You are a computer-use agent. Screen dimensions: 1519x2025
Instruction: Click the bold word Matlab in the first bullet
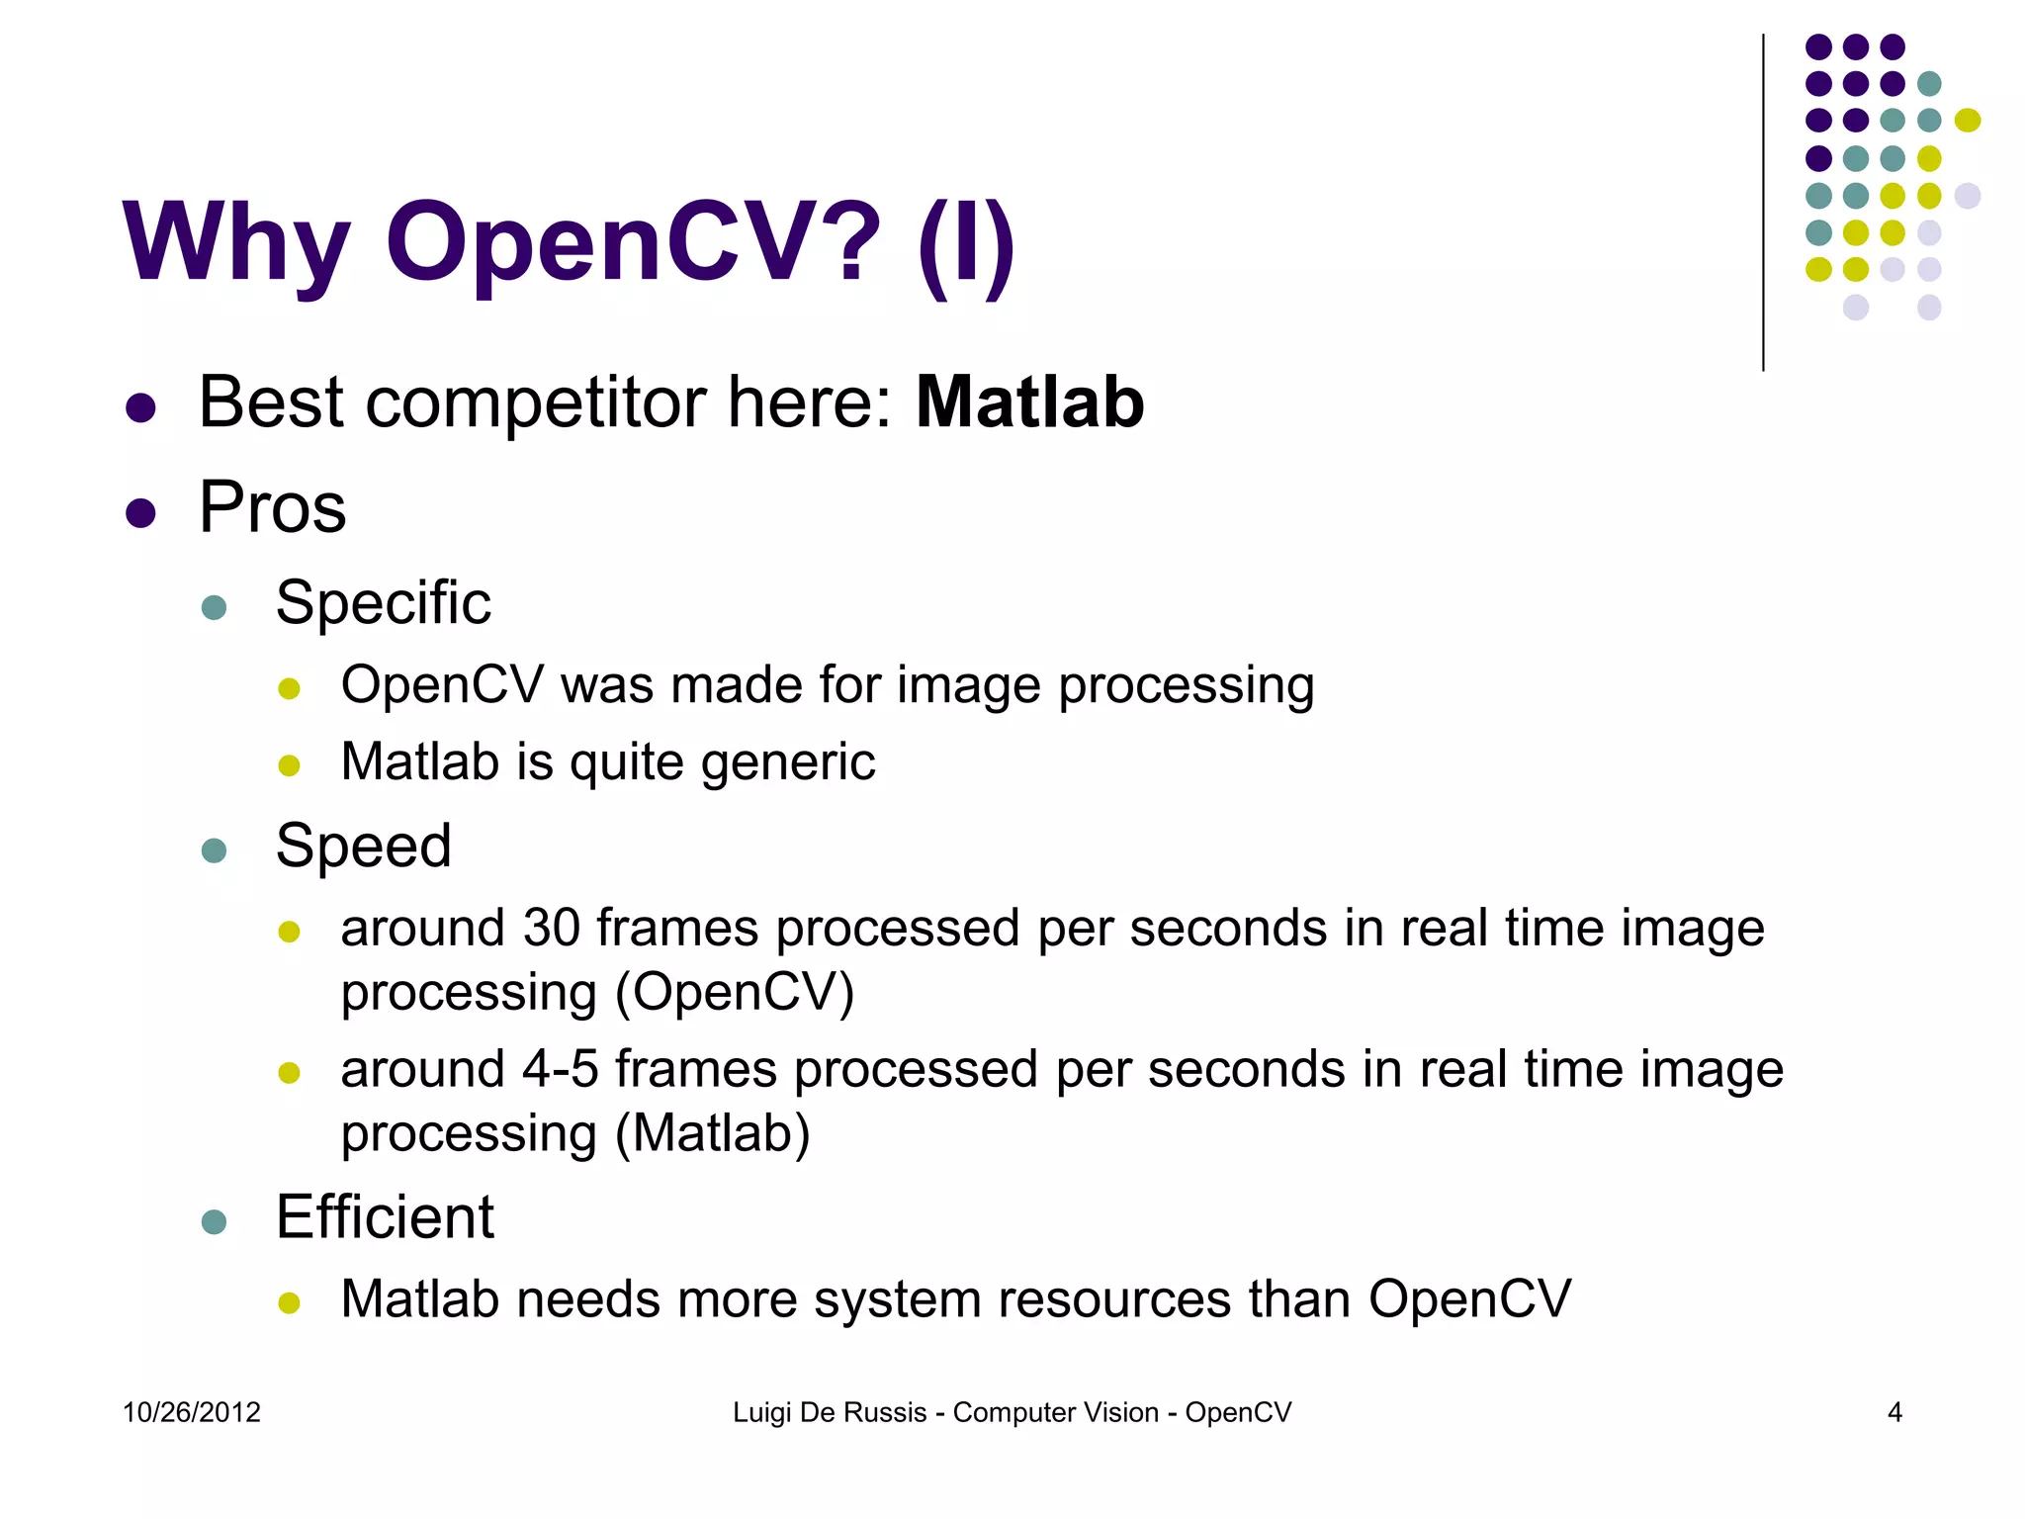point(1029,402)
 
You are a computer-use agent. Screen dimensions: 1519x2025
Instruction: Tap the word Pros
point(272,507)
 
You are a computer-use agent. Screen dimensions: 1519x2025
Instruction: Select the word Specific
point(383,602)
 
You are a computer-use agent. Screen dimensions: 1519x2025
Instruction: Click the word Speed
point(363,847)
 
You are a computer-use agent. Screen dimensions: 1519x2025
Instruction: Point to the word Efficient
point(385,1216)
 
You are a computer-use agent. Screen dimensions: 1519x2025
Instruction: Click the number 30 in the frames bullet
point(551,929)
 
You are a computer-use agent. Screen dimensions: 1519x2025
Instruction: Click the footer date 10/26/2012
point(192,1412)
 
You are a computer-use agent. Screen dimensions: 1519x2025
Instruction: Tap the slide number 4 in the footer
point(1894,1412)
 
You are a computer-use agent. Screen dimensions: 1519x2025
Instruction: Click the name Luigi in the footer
point(761,1412)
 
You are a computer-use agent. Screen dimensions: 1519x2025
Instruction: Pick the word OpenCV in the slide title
point(633,242)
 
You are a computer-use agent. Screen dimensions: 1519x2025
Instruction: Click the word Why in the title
point(236,242)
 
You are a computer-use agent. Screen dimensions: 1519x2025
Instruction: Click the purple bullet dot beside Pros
point(141,513)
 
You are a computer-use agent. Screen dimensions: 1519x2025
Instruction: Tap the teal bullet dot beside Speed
point(214,850)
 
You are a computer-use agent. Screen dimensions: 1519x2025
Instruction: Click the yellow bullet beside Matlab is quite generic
point(289,765)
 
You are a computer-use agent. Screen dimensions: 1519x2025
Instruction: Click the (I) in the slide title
point(965,242)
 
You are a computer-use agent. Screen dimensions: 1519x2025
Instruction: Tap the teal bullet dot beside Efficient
point(214,1221)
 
